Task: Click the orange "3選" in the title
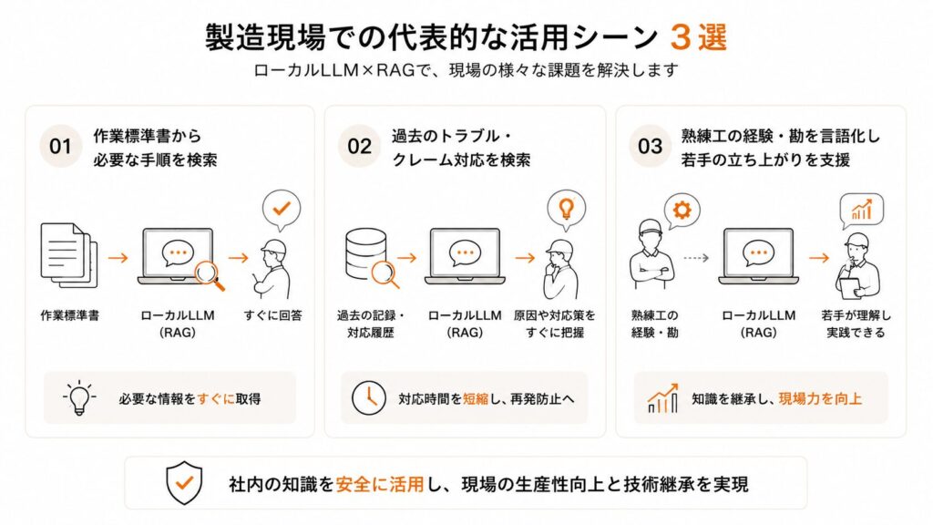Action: click(x=698, y=38)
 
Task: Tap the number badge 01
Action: click(x=60, y=147)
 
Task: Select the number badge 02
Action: click(x=359, y=147)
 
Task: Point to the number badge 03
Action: click(x=650, y=147)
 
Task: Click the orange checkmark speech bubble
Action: click(x=282, y=211)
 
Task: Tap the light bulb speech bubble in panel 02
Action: click(x=567, y=211)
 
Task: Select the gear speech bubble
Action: click(x=682, y=211)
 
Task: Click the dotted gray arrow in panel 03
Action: click(x=695, y=258)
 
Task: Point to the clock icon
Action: click(x=369, y=397)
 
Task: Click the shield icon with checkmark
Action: click(x=184, y=483)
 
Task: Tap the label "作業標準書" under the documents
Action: click(x=69, y=315)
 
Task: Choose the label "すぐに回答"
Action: click(x=273, y=315)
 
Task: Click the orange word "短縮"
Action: click(x=476, y=399)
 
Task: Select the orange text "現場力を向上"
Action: click(x=820, y=399)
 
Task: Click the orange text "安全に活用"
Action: click(x=380, y=485)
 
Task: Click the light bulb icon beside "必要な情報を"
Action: click(x=79, y=397)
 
